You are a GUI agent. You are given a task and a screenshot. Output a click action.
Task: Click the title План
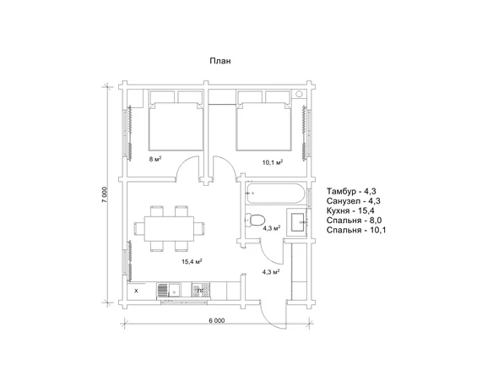coord(220,61)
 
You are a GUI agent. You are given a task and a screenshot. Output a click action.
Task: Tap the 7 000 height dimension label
coord(105,195)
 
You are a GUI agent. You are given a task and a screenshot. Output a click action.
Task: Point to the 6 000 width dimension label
coord(217,320)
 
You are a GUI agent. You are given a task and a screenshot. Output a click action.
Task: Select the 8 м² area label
coord(155,159)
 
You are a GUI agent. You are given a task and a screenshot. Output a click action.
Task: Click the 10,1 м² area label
coord(273,162)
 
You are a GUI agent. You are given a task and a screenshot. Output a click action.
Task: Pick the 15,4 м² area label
coord(192,261)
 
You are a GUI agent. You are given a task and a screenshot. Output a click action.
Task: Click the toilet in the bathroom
coord(255,220)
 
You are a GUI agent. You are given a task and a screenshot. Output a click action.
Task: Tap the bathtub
coord(275,194)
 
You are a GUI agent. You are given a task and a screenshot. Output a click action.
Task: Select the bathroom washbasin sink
coord(297,222)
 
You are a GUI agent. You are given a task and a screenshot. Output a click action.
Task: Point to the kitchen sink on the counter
coord(174,290)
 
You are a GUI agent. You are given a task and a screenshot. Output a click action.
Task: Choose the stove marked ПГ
coord(201,290)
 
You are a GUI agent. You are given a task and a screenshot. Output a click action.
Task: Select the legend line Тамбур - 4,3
coord(351,191)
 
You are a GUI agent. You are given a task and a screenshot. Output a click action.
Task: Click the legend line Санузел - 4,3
coord(354,201)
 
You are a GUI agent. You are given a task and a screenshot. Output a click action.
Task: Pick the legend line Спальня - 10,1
coord(356,230)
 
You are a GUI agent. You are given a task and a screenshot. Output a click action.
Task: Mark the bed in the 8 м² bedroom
coord(176,126)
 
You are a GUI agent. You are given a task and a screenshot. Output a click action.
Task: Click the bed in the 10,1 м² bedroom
coord(263,126)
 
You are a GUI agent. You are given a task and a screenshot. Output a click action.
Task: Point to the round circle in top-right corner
coord(299,94)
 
